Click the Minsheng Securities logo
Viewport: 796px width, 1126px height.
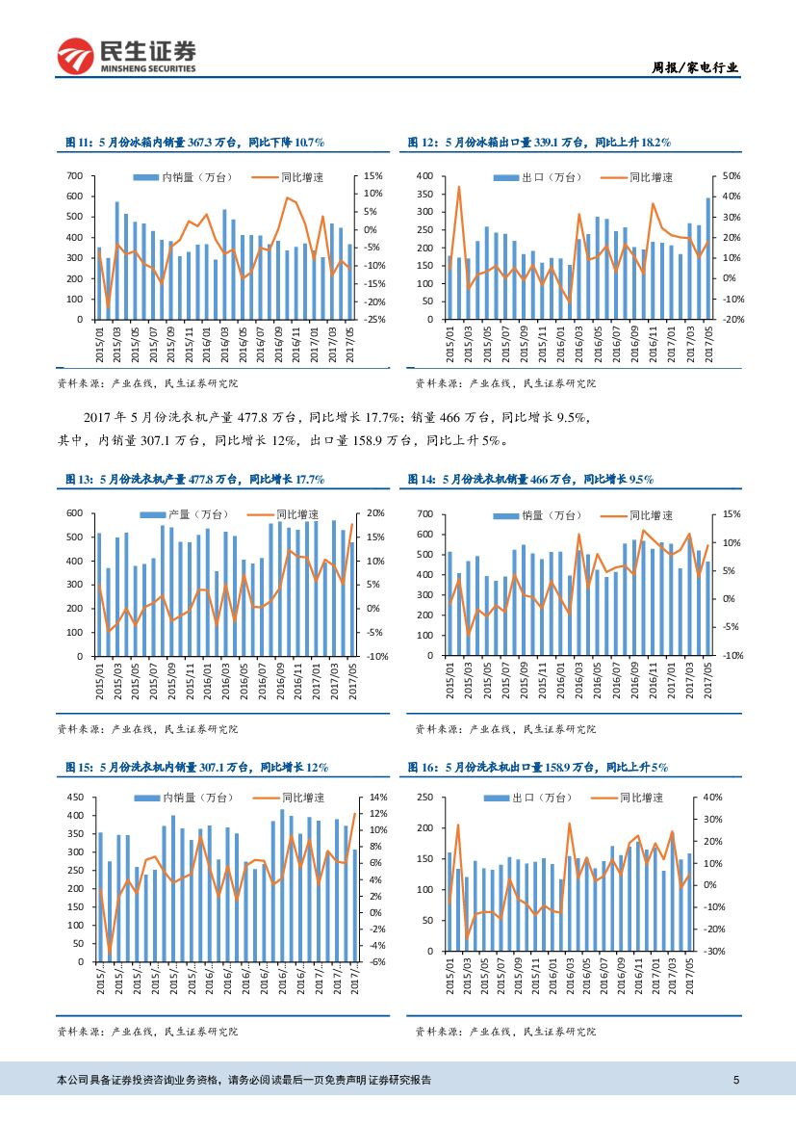126,57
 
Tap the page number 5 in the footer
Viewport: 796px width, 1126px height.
735,1080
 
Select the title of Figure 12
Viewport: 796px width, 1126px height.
539,142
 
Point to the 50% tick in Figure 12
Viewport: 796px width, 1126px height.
731,176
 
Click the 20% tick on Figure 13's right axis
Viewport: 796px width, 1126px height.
376,513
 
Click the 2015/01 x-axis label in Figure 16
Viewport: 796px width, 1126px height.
451,979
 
